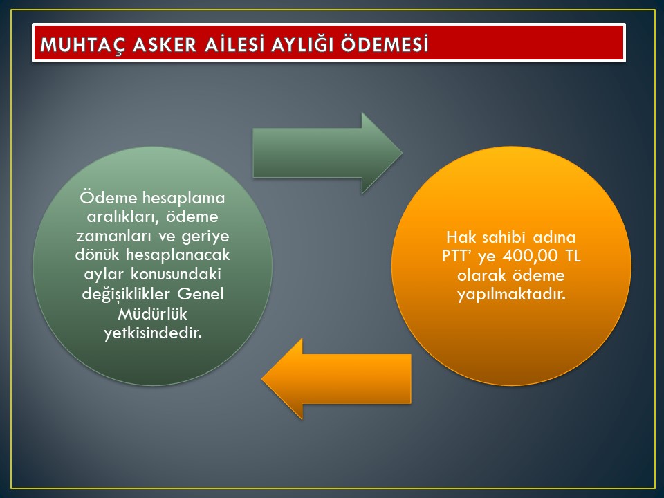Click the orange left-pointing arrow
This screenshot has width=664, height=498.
point(337,379)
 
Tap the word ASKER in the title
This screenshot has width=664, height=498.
point(165,45)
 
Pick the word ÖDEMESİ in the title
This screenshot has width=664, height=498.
point(385,44)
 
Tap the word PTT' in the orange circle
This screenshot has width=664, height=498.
point(458,256)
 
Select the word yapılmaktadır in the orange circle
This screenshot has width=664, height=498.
point(511,295)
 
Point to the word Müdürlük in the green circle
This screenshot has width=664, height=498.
point(152,314)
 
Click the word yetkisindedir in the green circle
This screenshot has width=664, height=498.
point(152,333)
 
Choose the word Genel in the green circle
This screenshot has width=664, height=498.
point(201,294)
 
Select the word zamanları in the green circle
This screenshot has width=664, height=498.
point(113,237)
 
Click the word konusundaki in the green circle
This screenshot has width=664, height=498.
point(176,275)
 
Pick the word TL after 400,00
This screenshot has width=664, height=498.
point(573,256)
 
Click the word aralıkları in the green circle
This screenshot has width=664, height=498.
point(122,216)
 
